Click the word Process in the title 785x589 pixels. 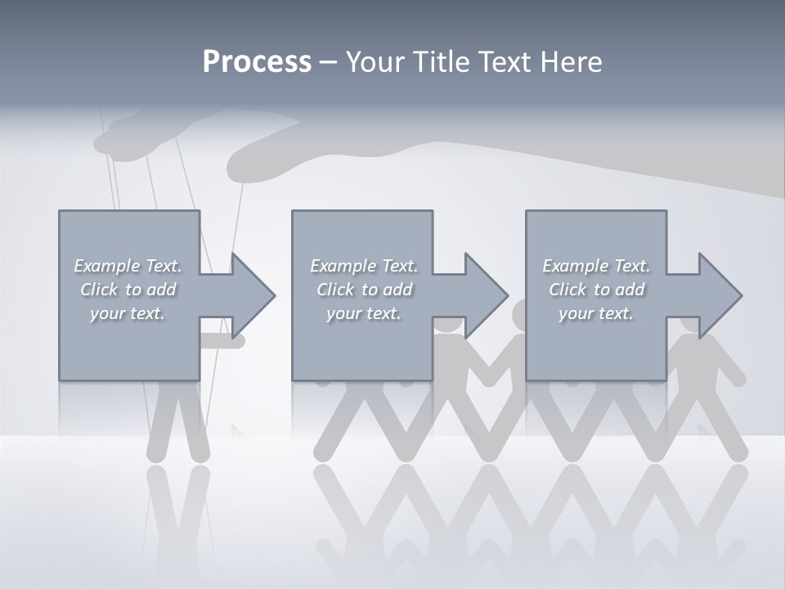click(x=257, y=62)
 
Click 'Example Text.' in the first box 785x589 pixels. click(x=128, y=266)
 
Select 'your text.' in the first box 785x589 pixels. click(x=128, y=313)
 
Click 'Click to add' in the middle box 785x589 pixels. click(x=364, y=290)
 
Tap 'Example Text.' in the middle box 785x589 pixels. click(x=364, y=266)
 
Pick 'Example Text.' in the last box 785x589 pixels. click(x=596, y=266)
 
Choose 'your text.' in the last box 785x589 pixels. click(x=596, y=313)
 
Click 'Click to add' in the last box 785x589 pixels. click(x=596, y=290)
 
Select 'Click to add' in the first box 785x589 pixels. click(x=128, y=290)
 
